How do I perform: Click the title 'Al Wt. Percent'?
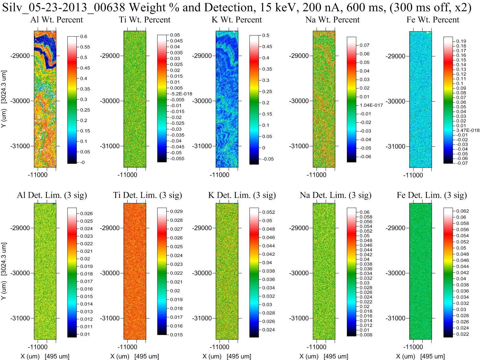coord(57,20)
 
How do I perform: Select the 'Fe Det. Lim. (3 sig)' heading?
coord(432,195)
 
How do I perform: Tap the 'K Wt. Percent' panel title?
coord(237,20)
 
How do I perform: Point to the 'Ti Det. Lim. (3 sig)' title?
coord(148,195)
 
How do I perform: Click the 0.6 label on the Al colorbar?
coord(84,36)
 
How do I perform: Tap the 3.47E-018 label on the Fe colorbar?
coord(468,130)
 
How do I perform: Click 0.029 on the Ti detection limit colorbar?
coord(176,211)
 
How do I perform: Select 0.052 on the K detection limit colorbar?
coord(268,212)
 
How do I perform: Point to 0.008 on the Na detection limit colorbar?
coord(366,335)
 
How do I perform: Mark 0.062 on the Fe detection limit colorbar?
coord(462,211)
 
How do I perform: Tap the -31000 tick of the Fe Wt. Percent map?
coord(396,146)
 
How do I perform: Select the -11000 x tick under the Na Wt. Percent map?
coord(316,175)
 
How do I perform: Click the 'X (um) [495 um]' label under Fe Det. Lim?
coord(420,356)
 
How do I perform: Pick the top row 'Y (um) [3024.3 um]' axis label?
coord(4,99)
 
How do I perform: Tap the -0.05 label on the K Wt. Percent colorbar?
coord(268,159)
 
